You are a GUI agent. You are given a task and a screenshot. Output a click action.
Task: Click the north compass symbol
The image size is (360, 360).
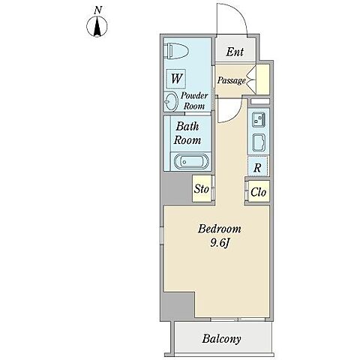coord(97,26)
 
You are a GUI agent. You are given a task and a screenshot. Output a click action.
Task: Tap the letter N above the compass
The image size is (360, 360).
coord(98,10)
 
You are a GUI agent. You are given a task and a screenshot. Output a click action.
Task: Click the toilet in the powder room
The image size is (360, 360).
coord(178,51)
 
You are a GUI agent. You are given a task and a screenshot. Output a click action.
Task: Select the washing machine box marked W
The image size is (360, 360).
coord(176,79)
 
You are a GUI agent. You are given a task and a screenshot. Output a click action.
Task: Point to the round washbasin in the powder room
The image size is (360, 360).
coord(172,101)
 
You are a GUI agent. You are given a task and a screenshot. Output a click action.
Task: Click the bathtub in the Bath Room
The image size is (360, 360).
coord(191,161)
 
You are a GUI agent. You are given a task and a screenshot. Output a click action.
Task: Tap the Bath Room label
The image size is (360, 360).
coord(187,133)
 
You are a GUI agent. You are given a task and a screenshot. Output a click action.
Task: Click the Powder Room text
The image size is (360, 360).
coord(194,100)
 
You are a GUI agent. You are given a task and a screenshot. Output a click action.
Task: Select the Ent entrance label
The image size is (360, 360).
coord(235,52)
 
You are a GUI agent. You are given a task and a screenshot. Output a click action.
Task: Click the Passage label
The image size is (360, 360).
coord(231,80)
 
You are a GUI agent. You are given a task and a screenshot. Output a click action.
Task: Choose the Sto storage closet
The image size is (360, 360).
coord(202,189)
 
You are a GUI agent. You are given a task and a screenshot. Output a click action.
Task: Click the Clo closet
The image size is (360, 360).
coord(259,192)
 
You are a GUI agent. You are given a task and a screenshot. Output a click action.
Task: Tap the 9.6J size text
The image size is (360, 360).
coord(220,243)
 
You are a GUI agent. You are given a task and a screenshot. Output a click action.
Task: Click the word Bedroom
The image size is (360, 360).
coord(220,229)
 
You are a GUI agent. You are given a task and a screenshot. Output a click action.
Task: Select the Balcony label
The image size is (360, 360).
coord(221,339)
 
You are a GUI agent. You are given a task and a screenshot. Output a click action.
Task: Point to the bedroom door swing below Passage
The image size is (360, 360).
coord(235,116)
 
